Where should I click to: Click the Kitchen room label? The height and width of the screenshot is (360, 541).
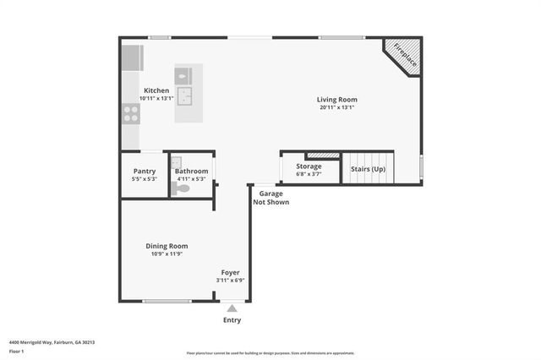click(156, 90)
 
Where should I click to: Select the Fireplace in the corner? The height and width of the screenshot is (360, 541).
click(404, 57)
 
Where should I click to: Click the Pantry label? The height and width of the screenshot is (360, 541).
click(144, 171)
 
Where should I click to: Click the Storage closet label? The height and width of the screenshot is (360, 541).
click(309, 166)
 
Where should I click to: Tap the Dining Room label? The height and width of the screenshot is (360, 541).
click(167, 246)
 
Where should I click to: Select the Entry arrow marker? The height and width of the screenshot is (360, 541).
click(232, 308)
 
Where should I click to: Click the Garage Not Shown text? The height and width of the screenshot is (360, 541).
click(271, 198)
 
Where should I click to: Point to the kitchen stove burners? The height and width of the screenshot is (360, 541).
click(131, 113)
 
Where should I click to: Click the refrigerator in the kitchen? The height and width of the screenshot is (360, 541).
click(132, 57)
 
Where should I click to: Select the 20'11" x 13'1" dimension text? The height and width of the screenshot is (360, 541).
click(336, 107)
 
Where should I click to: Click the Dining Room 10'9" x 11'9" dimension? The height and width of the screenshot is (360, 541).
click(167, 254)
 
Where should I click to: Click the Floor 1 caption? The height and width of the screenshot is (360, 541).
click(17, 351)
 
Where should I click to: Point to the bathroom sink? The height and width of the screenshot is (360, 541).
click(178, 163)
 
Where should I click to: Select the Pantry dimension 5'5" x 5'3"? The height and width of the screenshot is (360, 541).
click(144, 178)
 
